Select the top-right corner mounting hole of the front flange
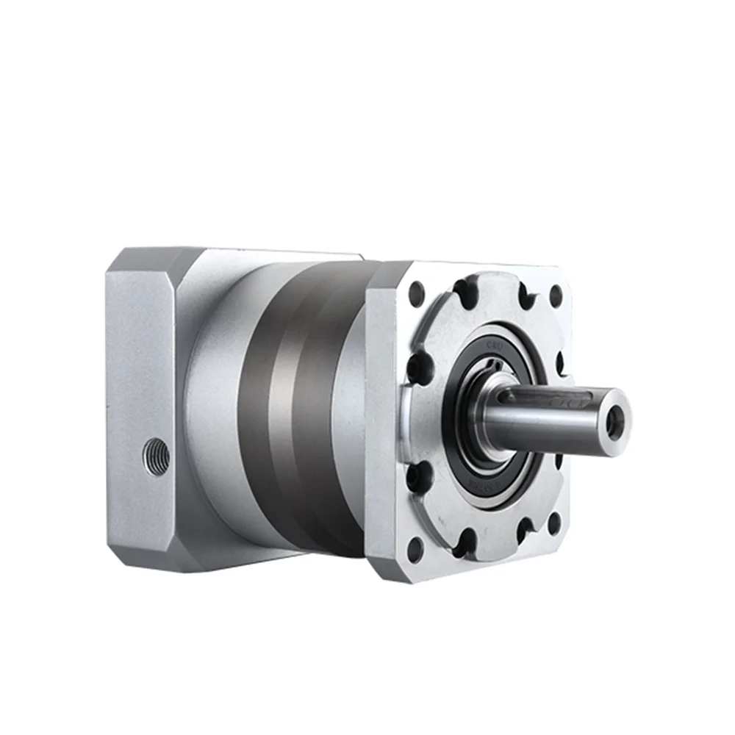coord(556,295)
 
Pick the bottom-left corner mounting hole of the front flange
coord(416,547)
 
